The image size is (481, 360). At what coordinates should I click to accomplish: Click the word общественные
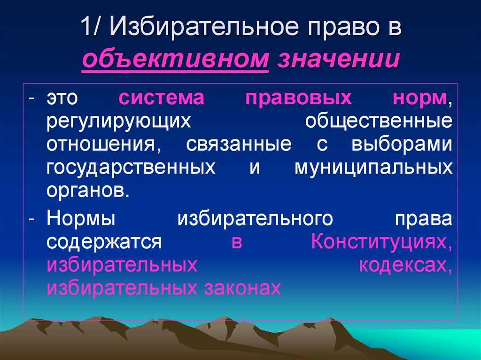tap(379, 122)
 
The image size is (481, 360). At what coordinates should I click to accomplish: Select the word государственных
tap(131, 167)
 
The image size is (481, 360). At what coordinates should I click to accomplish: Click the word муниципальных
tap(373, 167)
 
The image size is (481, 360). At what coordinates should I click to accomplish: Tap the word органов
tap(87, 190)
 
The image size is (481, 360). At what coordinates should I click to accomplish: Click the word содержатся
tap(104, 242)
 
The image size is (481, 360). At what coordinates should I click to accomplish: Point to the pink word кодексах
tap(406, 265)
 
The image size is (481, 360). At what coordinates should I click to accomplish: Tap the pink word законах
tap(243, 288)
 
